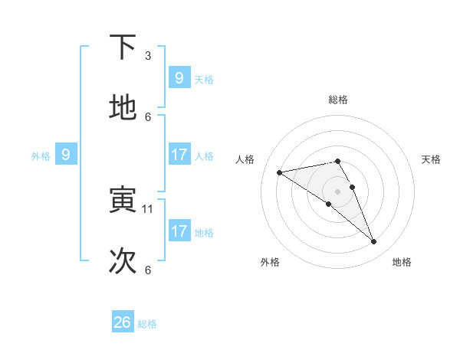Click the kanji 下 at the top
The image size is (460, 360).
pyautogui.click(x=123, y=47)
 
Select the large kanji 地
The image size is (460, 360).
pyautogui.click(x=123, y=108)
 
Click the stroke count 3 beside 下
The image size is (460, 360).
pyautogui.click(x=148, y=55)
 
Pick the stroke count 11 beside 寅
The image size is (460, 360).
pyautogui.click(x=149, y=208)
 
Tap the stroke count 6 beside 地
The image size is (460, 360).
pyautogui.click(x=148, y=116)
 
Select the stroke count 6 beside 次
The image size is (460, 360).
pyautogui.click(x=148, y=270)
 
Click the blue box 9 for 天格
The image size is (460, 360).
pyautogui.click(x=179, y=78)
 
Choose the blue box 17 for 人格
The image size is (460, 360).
pyautogui.click(x=179, y=155)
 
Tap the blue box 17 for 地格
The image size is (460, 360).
pyautogui.click(x=179, y=231)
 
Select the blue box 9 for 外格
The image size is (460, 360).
pyautogui.click(x=66, y=155)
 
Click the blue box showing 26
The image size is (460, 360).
pyautogui.click(x=123, y=322)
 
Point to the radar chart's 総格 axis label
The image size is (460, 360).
pyautogui.click(x=338, y=100)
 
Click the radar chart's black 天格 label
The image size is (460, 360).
pyautogui.click(x=432, y=159)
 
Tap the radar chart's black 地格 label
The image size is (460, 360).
pyautogui.click(x=402, y=262)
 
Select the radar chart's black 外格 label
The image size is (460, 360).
pyautogui.click(x=270, y=262)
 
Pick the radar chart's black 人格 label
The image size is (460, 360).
pyautogui.click(x=245, y=159)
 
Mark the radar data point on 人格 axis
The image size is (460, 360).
pyautogui.click(x=280, y=172)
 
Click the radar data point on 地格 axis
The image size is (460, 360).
pyautogui.click(x=374, y=242)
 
